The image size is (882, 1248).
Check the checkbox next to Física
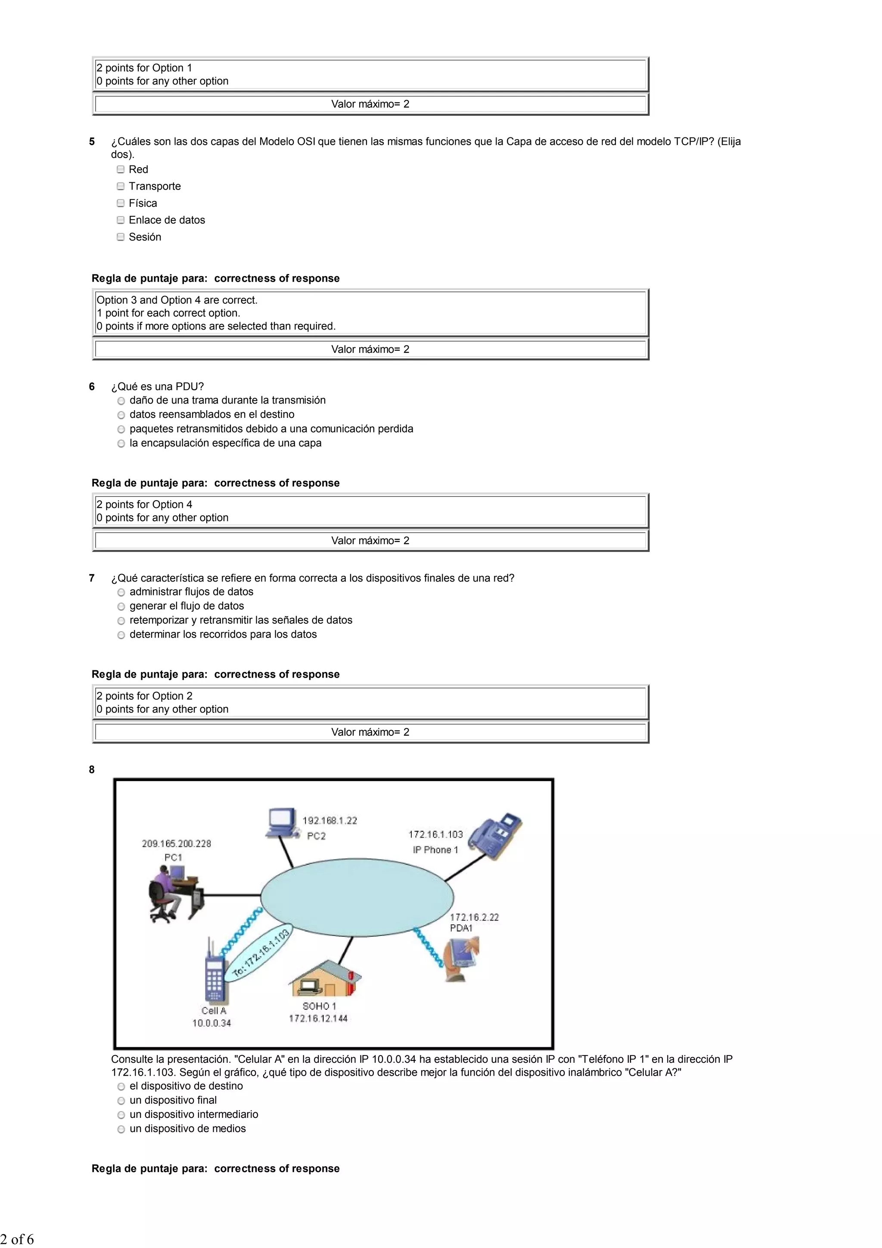[121, 203]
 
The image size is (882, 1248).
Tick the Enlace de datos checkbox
[121, 220]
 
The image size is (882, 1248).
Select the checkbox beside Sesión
[121, 237]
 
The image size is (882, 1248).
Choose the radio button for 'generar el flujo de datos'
[121, 607]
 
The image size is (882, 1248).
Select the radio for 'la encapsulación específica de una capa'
[121, 444]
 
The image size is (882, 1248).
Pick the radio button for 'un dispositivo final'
[121, 1101]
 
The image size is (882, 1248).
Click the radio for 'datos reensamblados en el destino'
[121, 415]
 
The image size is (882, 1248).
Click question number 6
[92, 386]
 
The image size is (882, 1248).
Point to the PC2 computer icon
[282, 823]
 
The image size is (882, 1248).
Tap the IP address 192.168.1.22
[329, 821]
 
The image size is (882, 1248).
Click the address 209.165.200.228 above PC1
[176, 843]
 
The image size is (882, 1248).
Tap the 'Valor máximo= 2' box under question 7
[370, 732]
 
